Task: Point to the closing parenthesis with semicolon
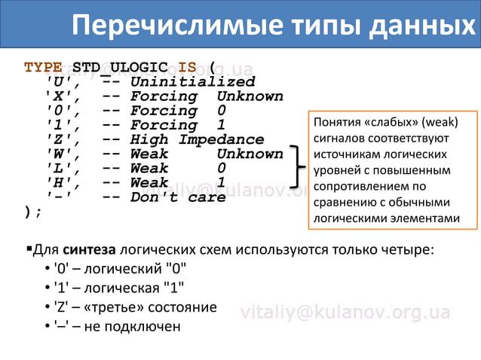(x=32, y=212)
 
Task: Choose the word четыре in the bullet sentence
(x=412, y=249)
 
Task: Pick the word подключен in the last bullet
(x=143, y=327)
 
